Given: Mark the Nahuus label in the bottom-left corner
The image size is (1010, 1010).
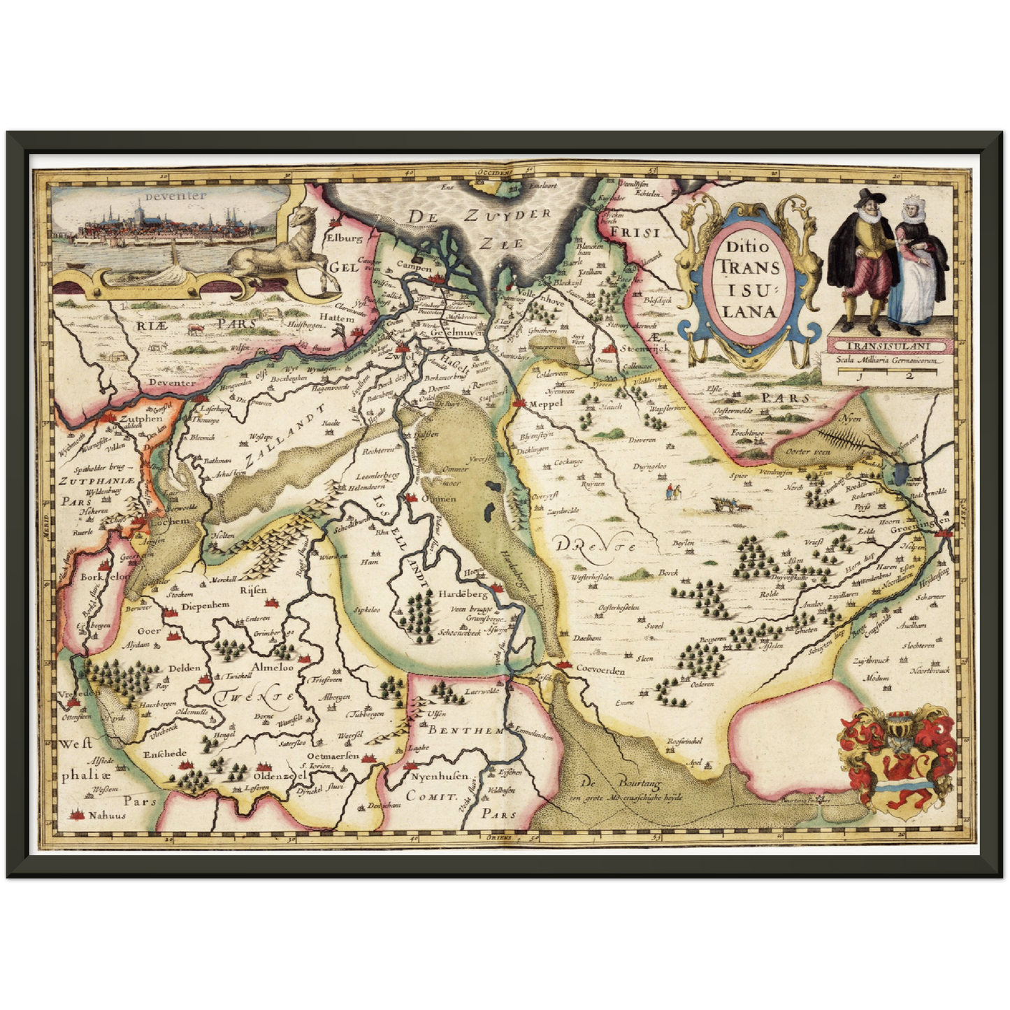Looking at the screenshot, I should [x=107, y=814].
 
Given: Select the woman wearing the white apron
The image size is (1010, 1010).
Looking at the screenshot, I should [x=914, y=269].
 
